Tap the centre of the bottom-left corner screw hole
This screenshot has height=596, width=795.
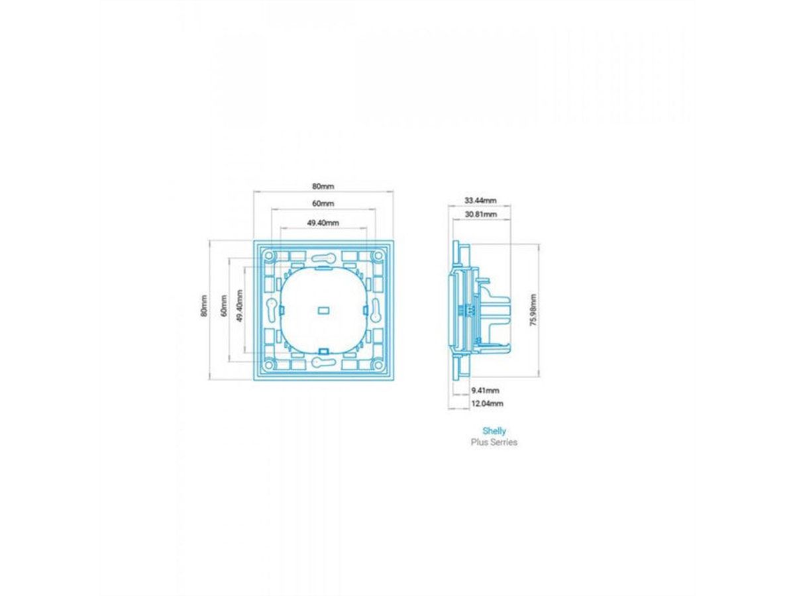(x=269, y=364)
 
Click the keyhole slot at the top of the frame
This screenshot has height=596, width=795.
(x=323, y=258)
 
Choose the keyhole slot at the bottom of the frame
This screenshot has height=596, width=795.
(x=323, y=361)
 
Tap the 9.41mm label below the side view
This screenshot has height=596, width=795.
(x=485, y=390)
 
